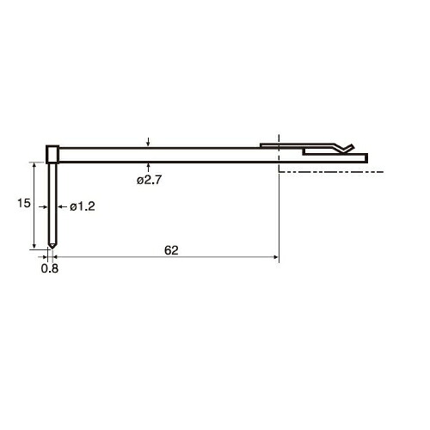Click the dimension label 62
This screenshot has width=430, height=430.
171,250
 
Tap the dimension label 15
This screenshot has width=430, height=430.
24,203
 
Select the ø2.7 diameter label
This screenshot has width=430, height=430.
150,180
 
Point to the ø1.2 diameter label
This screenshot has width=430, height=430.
83,206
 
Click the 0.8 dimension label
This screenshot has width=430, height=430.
50,268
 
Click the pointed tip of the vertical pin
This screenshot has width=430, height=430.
52,249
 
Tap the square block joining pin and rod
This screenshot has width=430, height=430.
52,154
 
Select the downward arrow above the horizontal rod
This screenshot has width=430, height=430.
148,142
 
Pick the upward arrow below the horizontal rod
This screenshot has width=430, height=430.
148,168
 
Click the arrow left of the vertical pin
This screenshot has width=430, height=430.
43,206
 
